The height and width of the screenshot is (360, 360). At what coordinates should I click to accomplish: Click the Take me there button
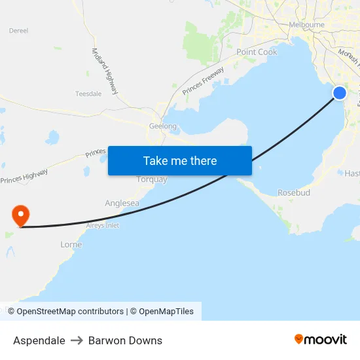180,160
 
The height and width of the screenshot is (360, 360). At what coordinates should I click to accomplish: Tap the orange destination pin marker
21,215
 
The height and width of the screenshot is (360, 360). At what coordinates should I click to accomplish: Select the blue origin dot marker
340,93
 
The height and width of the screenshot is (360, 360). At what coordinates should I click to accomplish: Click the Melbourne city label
306,25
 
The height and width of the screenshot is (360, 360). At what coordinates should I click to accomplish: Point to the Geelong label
163,126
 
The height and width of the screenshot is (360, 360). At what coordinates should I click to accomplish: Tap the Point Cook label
257,52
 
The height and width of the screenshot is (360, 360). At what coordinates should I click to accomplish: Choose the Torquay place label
152,179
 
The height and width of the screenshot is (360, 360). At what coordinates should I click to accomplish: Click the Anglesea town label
122,203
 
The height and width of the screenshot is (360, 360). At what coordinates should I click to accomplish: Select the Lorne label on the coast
71,245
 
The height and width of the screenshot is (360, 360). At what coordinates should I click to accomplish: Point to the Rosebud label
294,193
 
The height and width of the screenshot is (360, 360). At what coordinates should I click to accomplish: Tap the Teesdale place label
88,94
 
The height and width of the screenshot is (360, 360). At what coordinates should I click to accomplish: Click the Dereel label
18,30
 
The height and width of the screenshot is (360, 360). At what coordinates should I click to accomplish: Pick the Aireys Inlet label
99,225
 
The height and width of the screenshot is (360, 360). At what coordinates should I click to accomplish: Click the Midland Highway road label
105,71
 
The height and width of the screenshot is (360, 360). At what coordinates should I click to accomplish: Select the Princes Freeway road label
203,81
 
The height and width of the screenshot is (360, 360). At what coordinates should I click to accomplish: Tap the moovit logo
320,339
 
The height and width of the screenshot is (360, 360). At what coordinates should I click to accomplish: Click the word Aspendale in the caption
39,340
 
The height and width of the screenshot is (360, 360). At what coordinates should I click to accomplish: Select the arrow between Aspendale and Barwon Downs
77,340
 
